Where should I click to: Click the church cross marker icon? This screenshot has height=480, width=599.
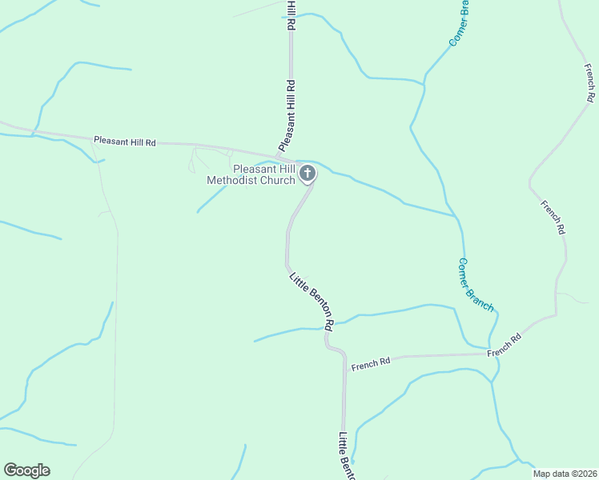(307, 173)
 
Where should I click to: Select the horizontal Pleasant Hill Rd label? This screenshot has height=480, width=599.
(124, 141)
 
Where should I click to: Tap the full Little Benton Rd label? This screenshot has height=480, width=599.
(312, 302)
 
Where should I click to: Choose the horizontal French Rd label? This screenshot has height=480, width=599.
(371, 362)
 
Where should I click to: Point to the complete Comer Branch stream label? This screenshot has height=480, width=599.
(476, 285)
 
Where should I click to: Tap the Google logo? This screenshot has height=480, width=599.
(26, 470)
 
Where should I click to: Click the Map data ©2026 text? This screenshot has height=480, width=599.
(565, 474)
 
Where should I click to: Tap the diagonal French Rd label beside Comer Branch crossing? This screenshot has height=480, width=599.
(505, 345)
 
